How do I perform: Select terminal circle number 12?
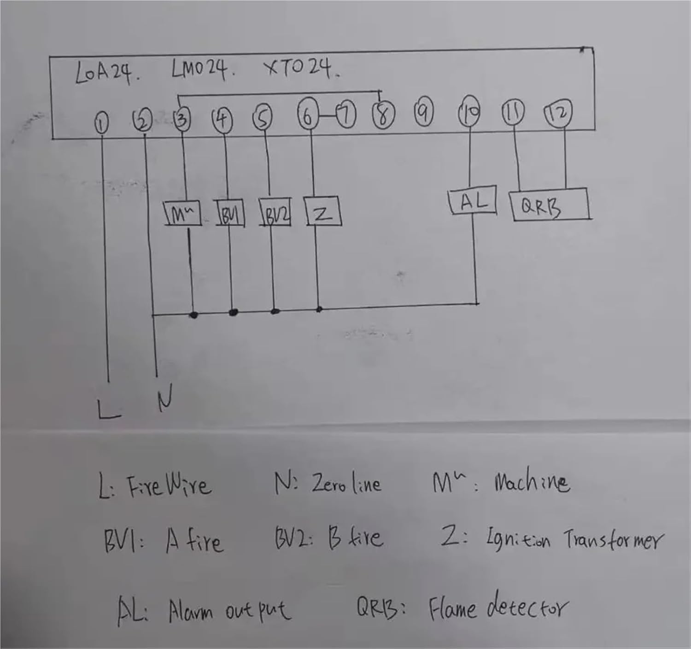[x=558, y=113]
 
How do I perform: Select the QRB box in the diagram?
[x=550, y=205]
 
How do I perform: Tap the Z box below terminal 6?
[x=322, y=211]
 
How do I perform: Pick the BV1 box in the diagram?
[x=230, y=213]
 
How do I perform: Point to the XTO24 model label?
[x=301, y=69]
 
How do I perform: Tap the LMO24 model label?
[x=201, y=70]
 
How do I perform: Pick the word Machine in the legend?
[x=531, y=483]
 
